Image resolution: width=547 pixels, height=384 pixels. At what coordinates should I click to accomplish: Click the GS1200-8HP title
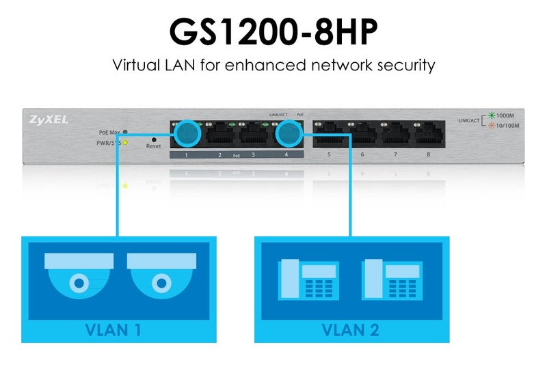click(273, 31)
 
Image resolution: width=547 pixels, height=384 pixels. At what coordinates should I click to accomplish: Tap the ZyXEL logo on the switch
click(49, 119)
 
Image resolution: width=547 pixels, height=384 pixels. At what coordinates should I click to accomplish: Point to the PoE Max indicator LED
click(125, 132)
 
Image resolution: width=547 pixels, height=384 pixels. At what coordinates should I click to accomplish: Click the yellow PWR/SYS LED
click(125, 142)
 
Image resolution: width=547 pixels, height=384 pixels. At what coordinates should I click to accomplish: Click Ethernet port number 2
click(220, 133)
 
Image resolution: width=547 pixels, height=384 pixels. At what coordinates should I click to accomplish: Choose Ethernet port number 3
click(254, 133)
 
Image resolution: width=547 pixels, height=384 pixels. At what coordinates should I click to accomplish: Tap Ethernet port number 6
click(362, 133)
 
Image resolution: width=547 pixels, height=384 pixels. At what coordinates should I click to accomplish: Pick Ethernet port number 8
click(429, 133)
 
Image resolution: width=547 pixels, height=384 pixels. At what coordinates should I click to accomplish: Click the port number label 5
click(329, 155)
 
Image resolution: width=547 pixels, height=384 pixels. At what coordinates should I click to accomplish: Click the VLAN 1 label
click(113, 330)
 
